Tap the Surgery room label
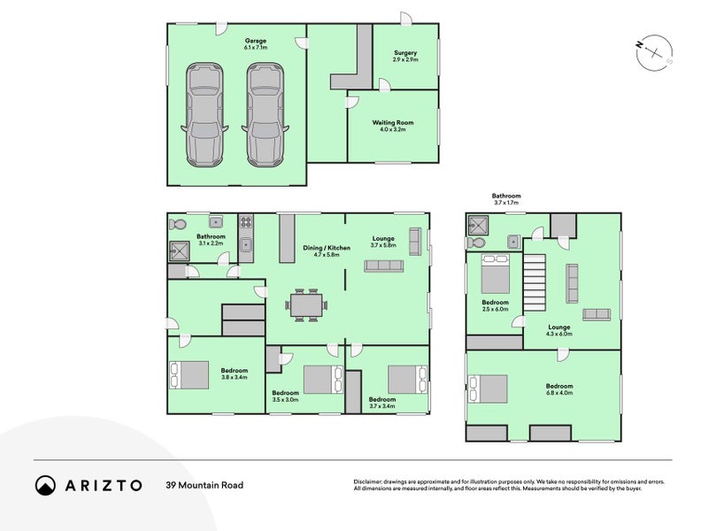[405, 57]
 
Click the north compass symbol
[655, 51]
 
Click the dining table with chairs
[306, 306]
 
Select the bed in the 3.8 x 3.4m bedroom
[189, 374]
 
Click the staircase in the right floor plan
[536, 279]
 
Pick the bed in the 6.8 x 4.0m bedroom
[489, 388]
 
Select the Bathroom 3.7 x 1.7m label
[506, 199]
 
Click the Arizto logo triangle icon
[45, 485]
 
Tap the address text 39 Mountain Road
[204, 485]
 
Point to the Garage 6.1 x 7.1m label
[256, 44]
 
